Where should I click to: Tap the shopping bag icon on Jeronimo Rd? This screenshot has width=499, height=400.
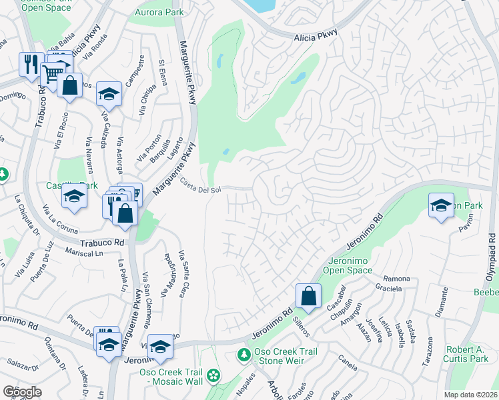(x=308, y=295)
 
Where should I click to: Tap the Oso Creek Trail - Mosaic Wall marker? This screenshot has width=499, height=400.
(x=213, y=376)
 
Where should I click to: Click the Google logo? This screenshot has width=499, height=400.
(x=22, y=392)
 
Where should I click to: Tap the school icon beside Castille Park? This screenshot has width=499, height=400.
(x=74, y=197)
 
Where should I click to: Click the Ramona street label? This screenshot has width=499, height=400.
(x=396, y=278)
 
